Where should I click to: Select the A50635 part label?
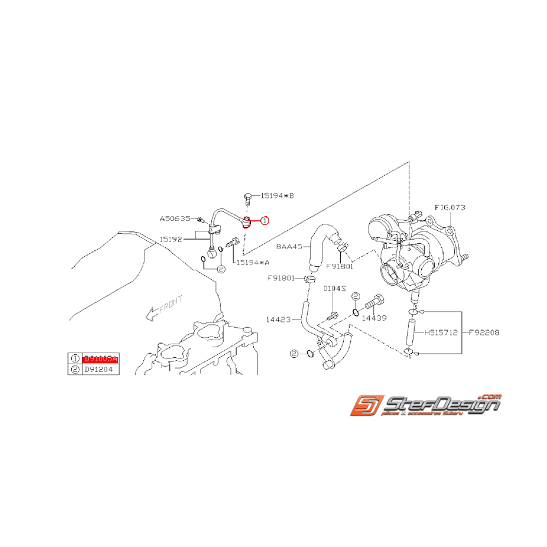[175, 219]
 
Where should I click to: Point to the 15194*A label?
[254, 263]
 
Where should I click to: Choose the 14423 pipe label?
[278, 320]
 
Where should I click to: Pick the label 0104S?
[335, 289]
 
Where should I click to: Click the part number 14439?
[374, 318]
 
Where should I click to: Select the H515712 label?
[441, 332]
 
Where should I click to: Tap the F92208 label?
[484, 332]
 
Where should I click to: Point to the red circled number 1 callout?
[264, 221]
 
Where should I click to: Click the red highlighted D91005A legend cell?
[101, 358]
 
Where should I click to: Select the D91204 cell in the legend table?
[101, 369]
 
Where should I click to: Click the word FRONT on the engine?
[171, 301]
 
